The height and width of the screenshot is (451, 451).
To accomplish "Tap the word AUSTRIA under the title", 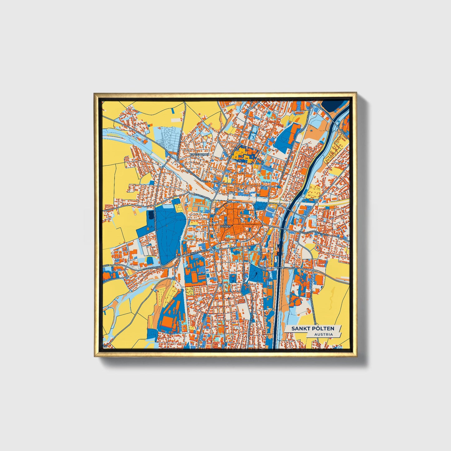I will (x=323, y=334).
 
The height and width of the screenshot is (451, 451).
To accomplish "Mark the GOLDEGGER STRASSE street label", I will (x=198, y=176).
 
